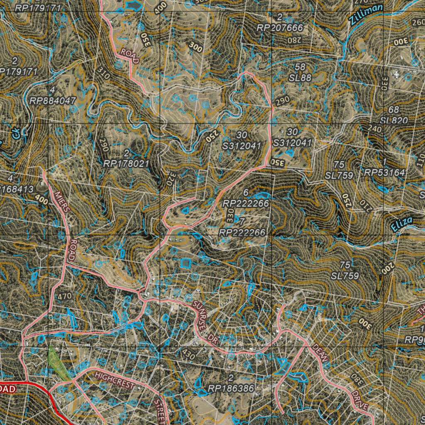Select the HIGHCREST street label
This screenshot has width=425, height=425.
[x=115, y=380]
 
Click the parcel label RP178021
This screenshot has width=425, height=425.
[x=126, y=164]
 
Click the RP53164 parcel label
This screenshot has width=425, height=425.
[x=385, y=172]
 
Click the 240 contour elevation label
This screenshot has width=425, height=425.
[x=375, y=129]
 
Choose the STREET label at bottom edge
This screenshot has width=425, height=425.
[x=159, y=411]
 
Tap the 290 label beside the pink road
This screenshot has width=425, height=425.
[x=282, y=100]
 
